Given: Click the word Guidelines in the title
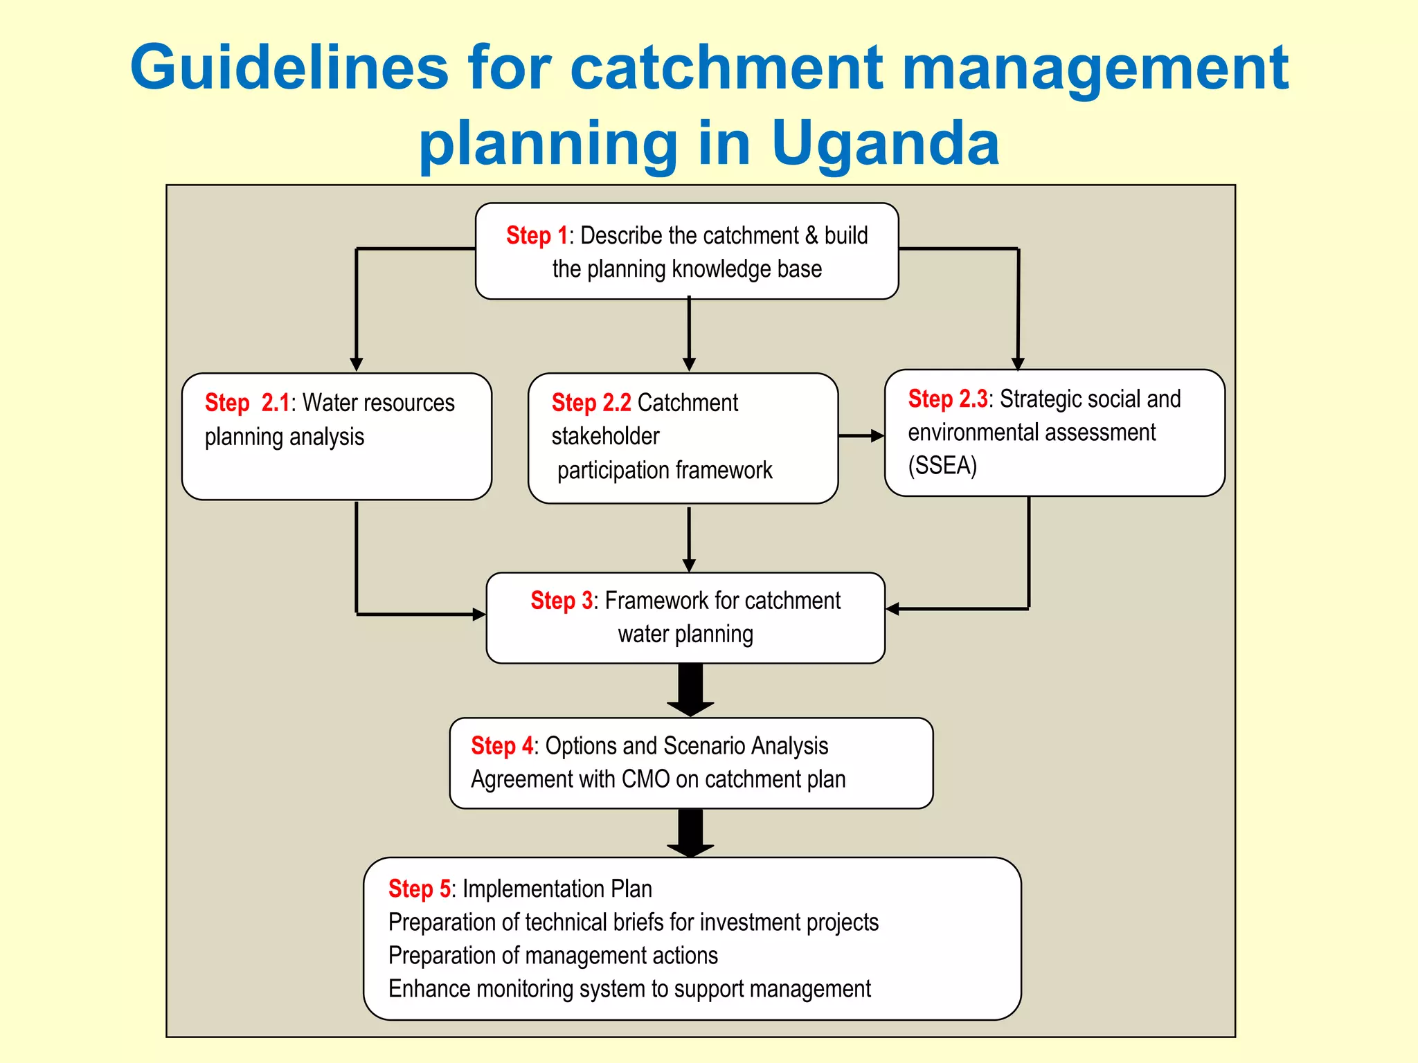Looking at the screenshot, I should click(289, 68).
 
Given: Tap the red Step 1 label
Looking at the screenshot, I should click(537, 236).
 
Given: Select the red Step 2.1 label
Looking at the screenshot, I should click(247, 403).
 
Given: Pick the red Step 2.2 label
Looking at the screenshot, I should click(591, 403).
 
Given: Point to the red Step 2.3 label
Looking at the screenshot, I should click(947, 399).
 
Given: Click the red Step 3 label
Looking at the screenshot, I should click(562, 600).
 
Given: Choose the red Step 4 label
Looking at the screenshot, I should click(502, 745).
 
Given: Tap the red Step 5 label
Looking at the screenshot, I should click(419, 889).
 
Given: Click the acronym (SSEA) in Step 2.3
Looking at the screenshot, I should click(942, 466).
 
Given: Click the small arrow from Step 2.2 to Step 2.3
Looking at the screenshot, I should click(861, 436).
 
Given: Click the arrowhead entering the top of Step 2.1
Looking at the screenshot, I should click(357, 364).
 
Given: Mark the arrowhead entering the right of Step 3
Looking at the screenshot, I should click(893, 609).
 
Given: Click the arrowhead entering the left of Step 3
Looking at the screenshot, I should click(478, 614).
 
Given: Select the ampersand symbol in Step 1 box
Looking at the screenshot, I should click(811, 236).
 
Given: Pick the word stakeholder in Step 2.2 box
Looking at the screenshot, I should click(605, 437).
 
